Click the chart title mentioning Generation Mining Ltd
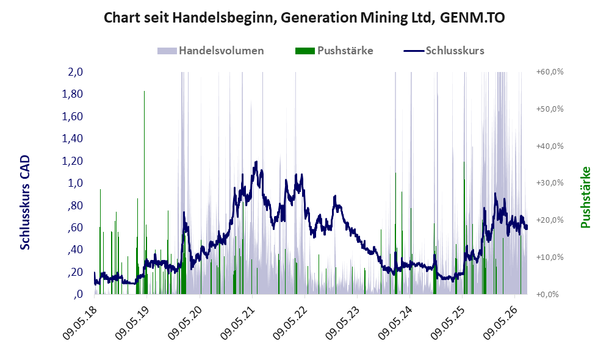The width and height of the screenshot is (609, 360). [304, 18]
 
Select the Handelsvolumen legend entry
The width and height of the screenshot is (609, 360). [211, 51]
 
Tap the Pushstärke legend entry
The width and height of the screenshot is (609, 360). [334, 51]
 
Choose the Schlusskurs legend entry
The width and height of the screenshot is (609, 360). [444, 51]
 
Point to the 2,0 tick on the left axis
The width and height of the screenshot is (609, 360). [75, 72]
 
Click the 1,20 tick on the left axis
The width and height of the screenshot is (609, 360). [73, 160]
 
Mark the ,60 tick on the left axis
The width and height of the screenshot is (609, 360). [75, 227]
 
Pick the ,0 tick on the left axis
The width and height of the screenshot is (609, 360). [78, 294]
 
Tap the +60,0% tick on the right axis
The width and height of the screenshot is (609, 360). [550, 72]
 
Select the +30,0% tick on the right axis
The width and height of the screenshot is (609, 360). [550, 183]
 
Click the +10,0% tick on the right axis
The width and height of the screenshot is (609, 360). [550, 257]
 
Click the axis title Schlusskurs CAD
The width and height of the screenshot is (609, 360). [25, 203]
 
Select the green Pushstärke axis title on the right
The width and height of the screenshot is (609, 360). [586, 198]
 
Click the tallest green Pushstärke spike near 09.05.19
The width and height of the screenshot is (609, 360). [145, 192]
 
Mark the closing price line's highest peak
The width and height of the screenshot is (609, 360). [256, 162]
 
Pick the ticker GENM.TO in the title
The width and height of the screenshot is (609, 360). [472, 18]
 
